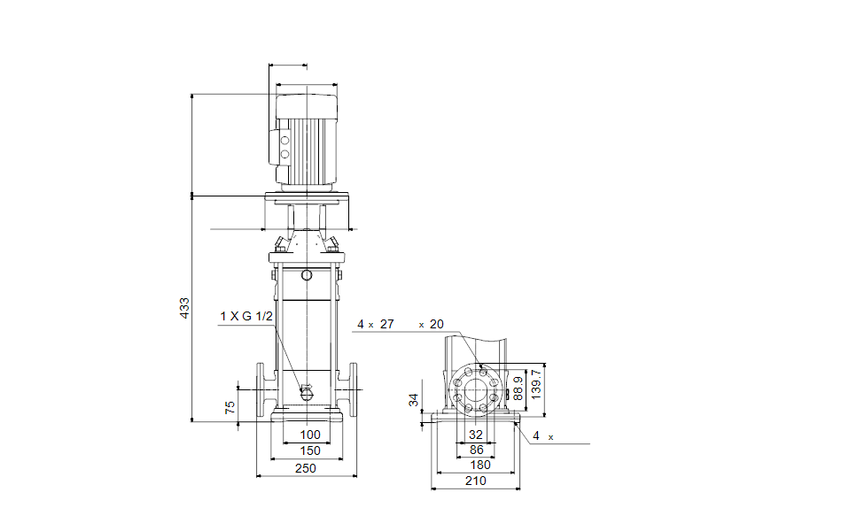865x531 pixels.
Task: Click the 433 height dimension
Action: pyautogui.click(x=184, y=308)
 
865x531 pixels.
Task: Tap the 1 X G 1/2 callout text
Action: pyautogui.click(x=246, y=316)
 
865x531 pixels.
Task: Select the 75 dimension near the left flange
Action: pyautogui.click(x=230, y=407)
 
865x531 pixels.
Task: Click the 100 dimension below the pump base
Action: pyautogui.click(x=310, y=435)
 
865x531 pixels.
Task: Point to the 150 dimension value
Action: pyautogui.click(x=310, y=450)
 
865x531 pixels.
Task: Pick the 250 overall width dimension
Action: pyautogui.click(x=306, y=468)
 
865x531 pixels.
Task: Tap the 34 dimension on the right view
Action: pyautogui.click(x=414, y=400)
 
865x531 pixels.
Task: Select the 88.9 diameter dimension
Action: pyautogui.click(x=518, y=389)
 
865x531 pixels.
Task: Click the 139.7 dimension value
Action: pyautogui.click(x=535, y=384)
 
